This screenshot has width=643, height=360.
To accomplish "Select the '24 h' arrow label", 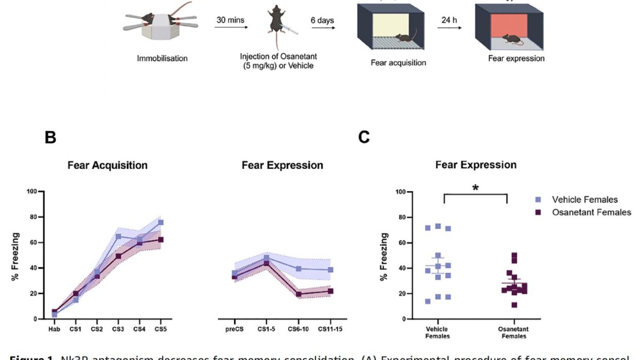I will (449, 21).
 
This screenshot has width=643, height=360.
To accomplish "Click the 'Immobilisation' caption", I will (162, 59).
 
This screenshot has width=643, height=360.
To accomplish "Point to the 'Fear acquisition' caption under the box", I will (398, 63).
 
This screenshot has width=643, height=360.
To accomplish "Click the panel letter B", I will (50, 137).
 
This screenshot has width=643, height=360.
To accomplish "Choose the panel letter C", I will (364, 138).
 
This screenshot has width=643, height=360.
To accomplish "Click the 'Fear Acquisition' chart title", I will (108, 166).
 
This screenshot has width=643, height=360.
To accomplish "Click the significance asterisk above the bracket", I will (476, 188).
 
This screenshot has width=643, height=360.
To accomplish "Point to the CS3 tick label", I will (118, 329).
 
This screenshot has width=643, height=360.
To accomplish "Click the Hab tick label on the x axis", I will (54, 329).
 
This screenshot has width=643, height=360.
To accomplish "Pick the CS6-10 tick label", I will (298, 329).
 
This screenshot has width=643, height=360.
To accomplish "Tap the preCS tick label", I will (235, 329).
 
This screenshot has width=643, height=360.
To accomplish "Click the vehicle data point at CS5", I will (160, 223).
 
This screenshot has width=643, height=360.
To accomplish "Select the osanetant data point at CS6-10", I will (299, 294).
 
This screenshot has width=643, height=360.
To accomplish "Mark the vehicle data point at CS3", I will (118, 237).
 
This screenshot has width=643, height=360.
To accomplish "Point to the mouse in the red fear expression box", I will (510, 38).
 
